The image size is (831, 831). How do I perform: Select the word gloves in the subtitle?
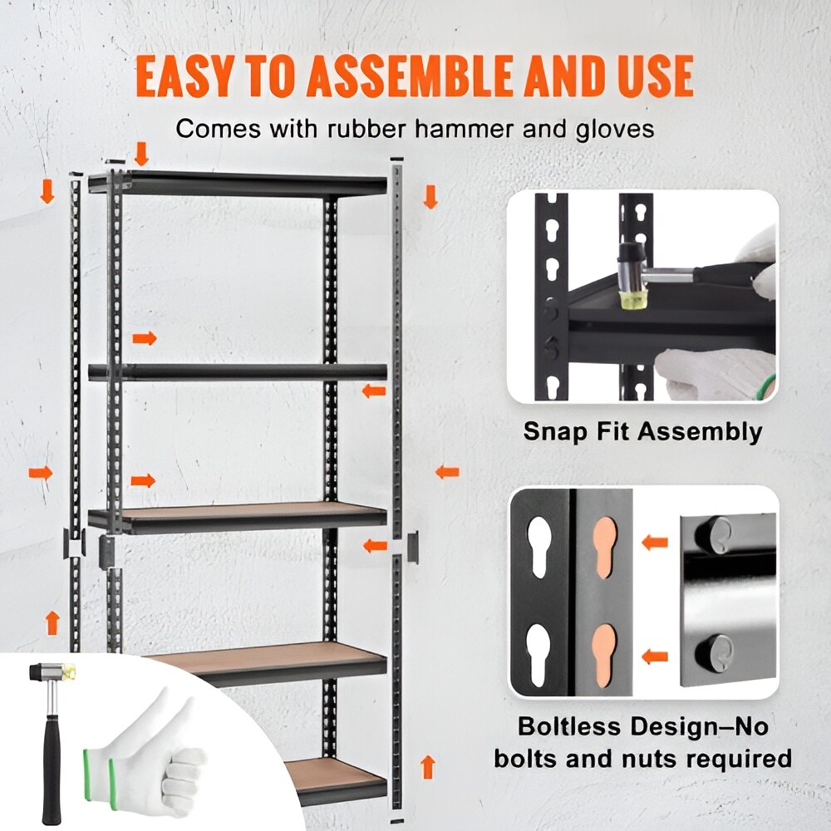[x=612, y=129]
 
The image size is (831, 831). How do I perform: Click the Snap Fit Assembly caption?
[x=642, y=431]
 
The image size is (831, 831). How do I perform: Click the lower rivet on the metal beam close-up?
[x=718, y=649]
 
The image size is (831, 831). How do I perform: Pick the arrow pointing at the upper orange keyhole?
[x=656, y=543]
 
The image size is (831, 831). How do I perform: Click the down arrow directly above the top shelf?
[x=141, y=154]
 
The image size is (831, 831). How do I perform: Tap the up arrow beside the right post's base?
[x=428, y=766]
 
